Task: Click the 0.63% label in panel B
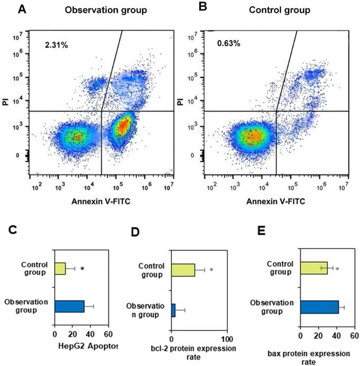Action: coord(228,43)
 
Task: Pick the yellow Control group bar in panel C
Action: coord(60,269)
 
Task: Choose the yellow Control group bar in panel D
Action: coord(183,270)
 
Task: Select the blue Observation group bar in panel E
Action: coord(319,307)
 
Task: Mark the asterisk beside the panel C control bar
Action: coord(82,269)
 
